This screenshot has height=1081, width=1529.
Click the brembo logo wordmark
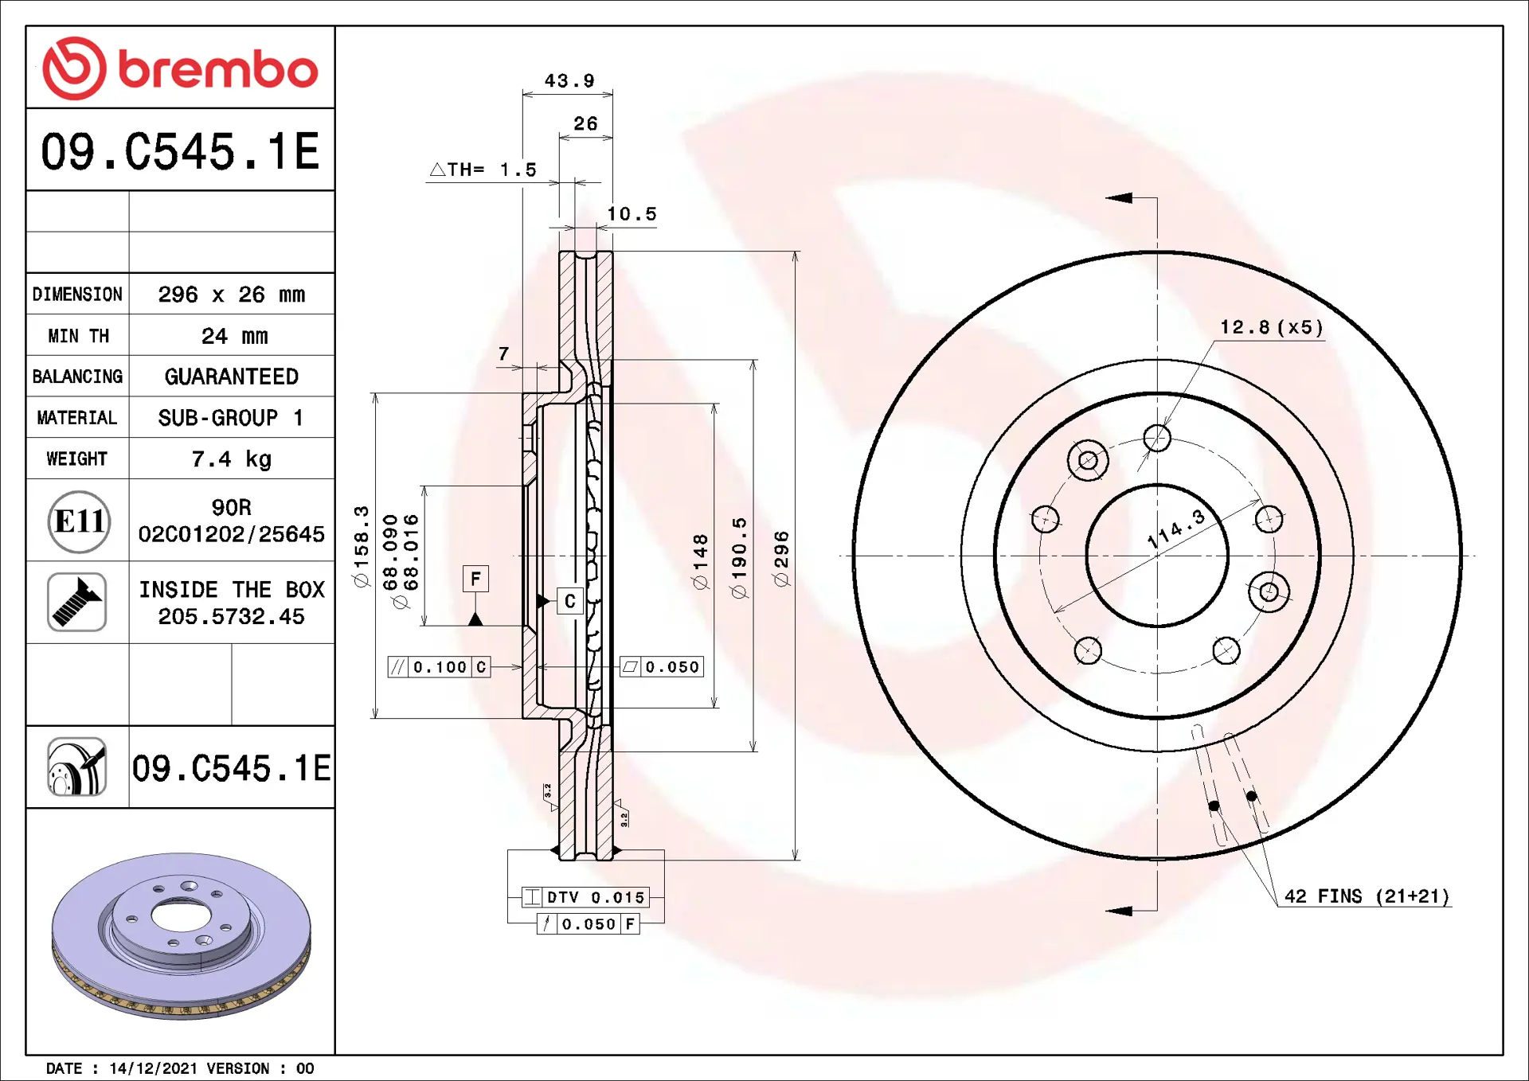[218, 69]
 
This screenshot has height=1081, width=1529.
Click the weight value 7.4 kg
[232, 459]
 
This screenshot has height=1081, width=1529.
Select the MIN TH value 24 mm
[234, 336]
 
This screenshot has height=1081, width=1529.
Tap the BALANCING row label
[77, 377]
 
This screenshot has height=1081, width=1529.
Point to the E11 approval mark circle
[79, 521]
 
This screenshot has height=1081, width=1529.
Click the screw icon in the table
[77, 602]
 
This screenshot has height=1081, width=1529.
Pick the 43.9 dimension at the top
[569, 80]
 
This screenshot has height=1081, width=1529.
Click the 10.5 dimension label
[632, 213]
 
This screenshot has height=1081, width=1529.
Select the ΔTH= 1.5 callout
[483, 170]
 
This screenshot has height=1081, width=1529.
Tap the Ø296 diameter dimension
[781, 559]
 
